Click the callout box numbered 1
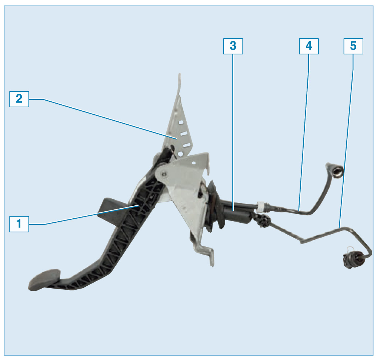(x=19, y=224)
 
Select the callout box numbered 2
(x=19, y=99)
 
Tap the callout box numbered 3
(x=233, y=46)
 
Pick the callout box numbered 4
(x=309, y=46)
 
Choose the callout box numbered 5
(x=353, y=46)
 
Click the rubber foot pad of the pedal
(x=44, y=280)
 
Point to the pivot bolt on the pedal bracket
(x=164, y=174)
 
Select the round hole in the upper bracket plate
(x=180, y=154)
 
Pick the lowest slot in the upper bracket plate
(x=187, y=145)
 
